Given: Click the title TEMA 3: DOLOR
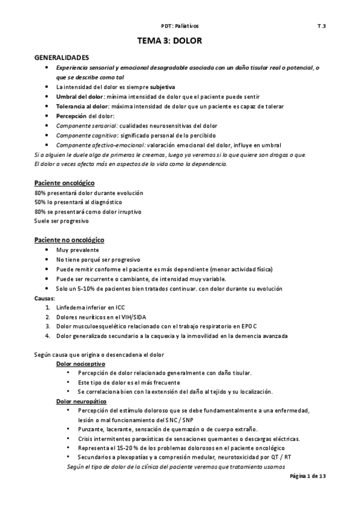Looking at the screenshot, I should [179, 41].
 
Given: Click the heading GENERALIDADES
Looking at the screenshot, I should [61, 58].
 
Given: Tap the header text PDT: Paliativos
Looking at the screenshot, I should [180, 26].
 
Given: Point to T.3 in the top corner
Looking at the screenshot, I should [322, 26].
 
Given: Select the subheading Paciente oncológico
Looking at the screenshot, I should [64, 182].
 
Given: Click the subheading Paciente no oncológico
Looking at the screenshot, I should [69, 240].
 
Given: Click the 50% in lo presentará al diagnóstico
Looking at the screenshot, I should [40, 202].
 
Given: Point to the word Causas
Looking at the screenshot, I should [45, 298].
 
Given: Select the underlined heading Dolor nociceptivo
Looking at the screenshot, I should [81, 364].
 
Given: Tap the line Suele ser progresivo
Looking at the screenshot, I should [61, 221].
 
